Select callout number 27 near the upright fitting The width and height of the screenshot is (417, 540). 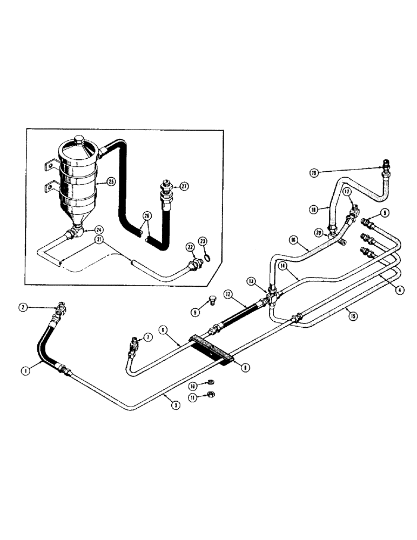click(184, 186)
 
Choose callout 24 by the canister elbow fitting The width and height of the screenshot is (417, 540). click(98, 230)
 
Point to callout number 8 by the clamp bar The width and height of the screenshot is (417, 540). click(245, 367)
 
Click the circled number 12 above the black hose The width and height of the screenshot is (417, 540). click(228, 294)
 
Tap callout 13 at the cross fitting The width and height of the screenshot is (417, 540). click(251, 281)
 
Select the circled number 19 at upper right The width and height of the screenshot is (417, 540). click(313, 173)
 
